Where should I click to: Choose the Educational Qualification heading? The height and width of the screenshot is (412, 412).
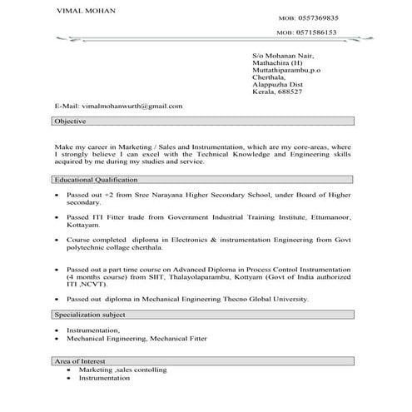point(95,179)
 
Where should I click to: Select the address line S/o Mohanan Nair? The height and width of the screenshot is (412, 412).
point(283,56)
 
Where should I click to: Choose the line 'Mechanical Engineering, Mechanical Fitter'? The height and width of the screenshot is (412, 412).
point(137,339)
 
